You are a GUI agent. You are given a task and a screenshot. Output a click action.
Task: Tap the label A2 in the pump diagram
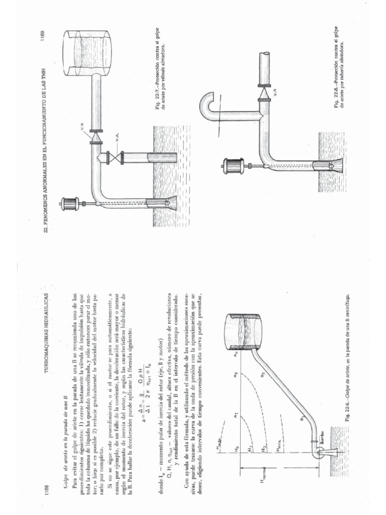[x=236, y=375]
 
